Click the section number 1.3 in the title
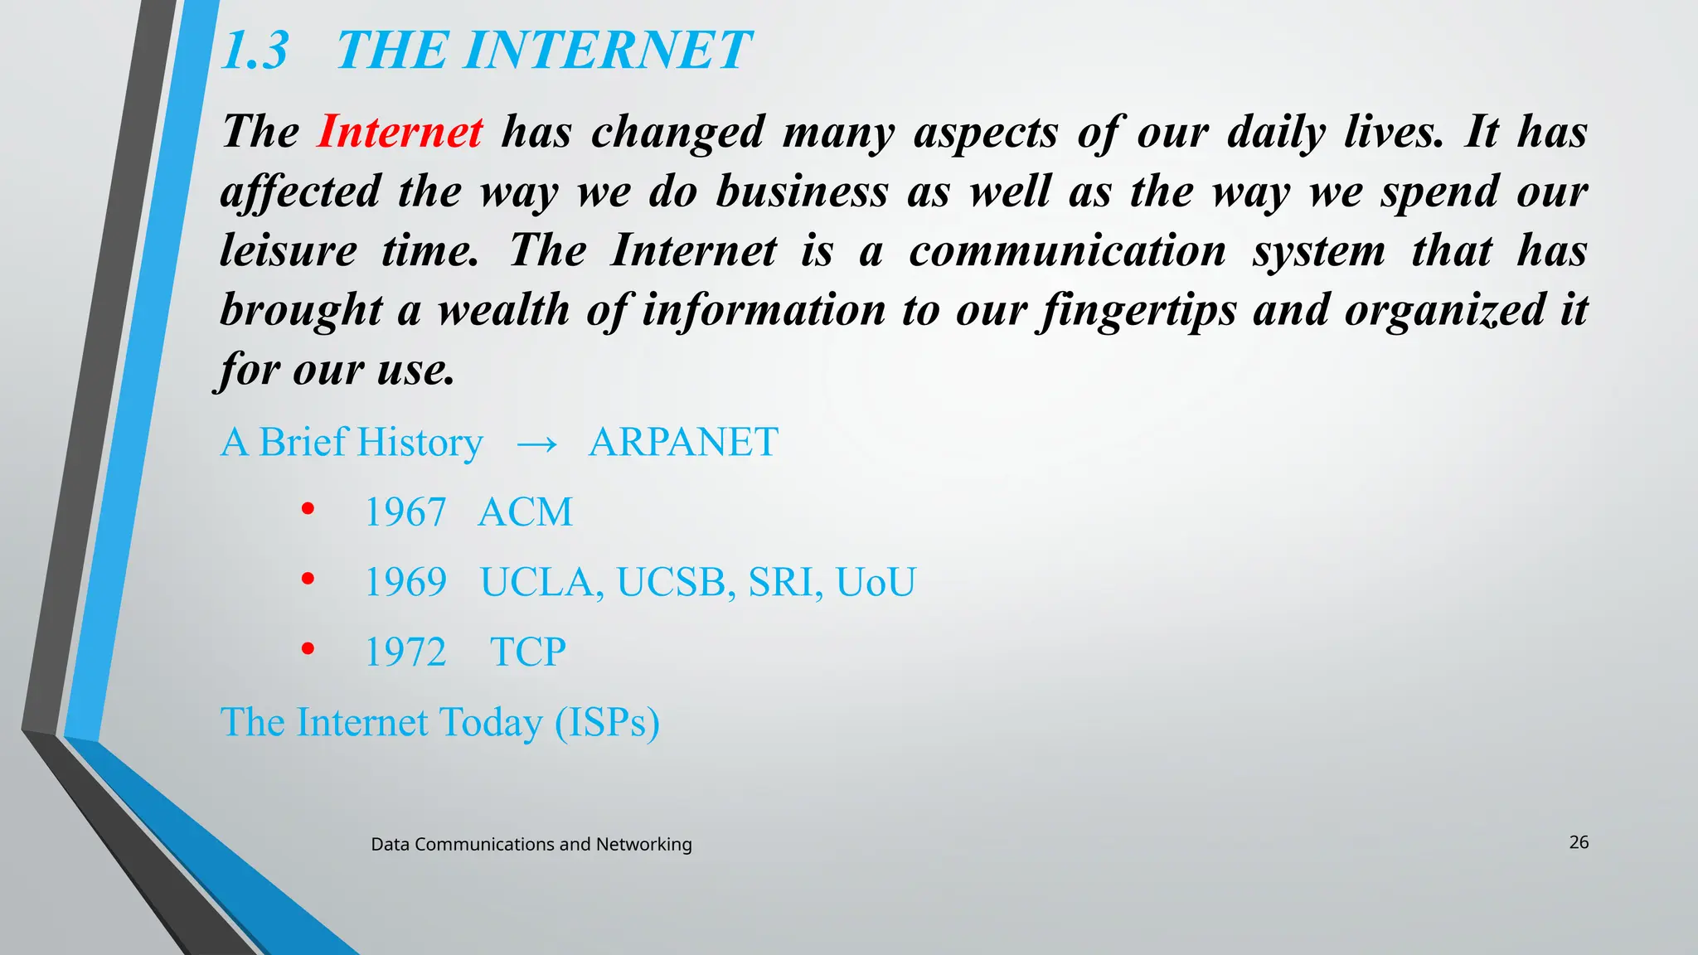tap(255, 51)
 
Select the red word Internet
tap(400, 132)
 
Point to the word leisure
tap(289, 250)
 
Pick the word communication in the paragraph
tap(1067, 250)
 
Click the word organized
tap(1445, 311)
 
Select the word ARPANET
tap(683, 443)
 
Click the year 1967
tap(405, 512)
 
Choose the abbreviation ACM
tap(525, 512)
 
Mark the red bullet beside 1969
tap(308, 579)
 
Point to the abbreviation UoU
tap(875, 582)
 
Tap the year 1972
tap(405, 652)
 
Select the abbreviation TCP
tap(527, 652)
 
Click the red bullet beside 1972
tap(308, 649)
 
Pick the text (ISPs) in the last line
tap(607, 723)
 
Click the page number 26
tap(1579, 842)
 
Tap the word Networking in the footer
tap(643, 845)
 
